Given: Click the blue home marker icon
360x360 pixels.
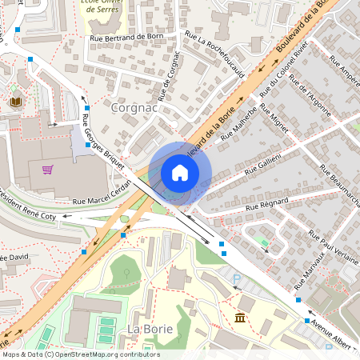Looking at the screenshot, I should (180, 173).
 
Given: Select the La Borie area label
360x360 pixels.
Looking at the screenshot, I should (148, 329).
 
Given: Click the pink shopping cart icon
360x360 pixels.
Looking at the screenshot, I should (48, 170).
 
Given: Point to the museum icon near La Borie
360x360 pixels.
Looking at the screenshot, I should (239, 319).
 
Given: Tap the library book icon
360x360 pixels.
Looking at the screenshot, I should (16, 102).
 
